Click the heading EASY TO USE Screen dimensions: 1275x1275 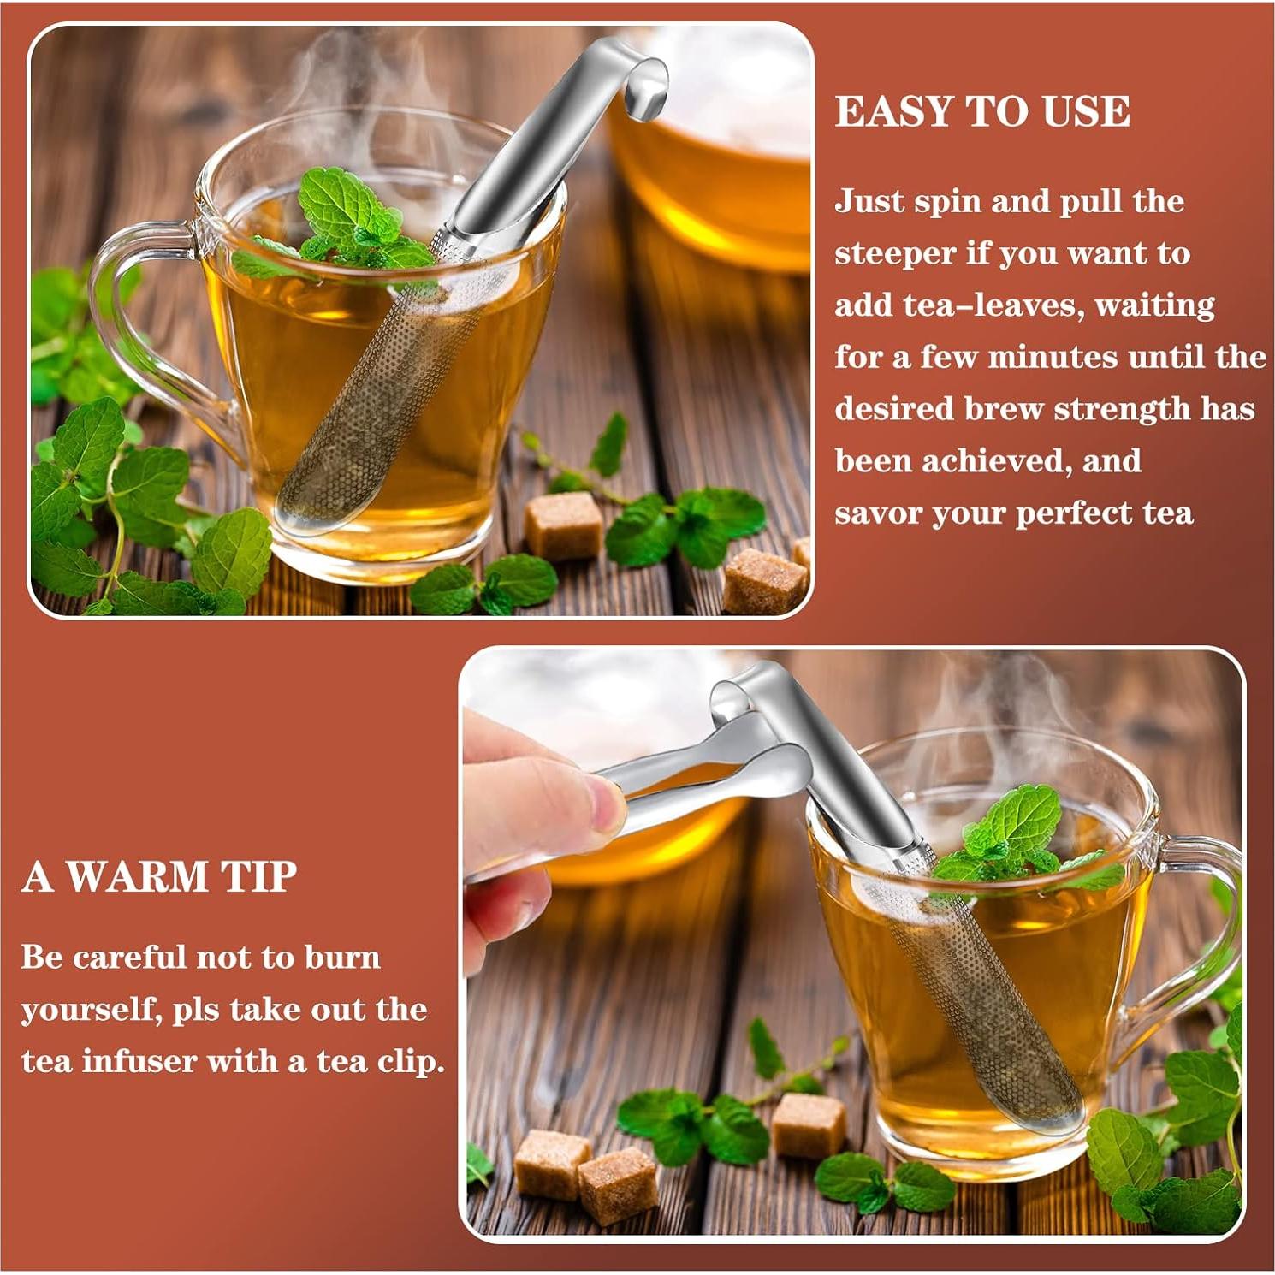point(981,111)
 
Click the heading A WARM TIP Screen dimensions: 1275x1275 point(159,876)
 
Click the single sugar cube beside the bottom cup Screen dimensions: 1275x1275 point(808,1124)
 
